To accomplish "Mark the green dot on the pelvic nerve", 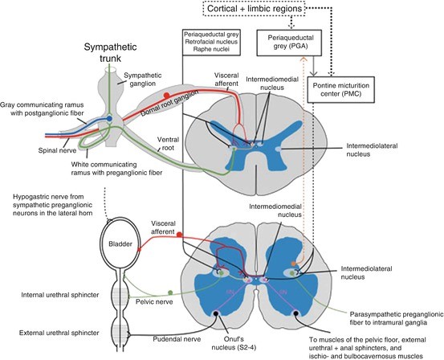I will click(x=169, y=290).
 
